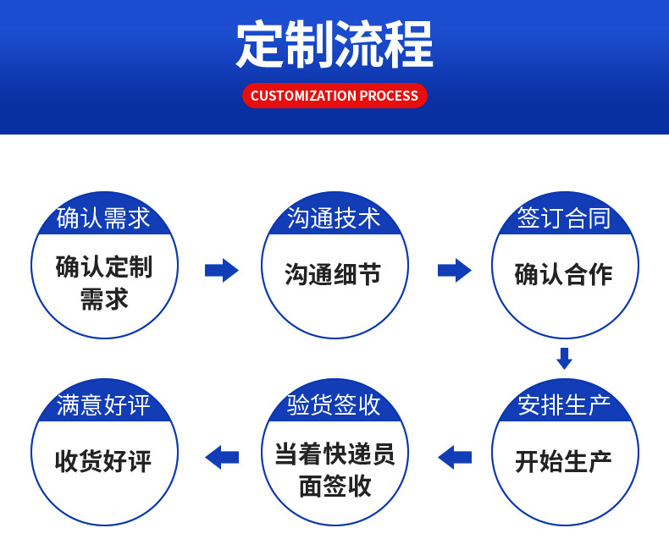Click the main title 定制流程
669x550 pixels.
pos(334,43)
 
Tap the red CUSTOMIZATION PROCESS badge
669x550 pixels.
pos(334,96)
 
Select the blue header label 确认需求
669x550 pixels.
pos(103,218)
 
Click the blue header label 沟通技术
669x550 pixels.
pos(334,218)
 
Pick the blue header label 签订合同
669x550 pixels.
pos(564,218)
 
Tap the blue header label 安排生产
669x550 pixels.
pos(564,405)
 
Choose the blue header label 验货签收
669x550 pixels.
pos(334,405)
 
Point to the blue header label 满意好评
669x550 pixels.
pos(103,405)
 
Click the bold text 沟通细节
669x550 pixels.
pos(334,274)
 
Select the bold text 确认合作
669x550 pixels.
pos(564,274)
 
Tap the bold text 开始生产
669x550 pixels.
pos(564,461)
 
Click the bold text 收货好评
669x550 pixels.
pos(103,461)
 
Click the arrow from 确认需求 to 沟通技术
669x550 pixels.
pos(221,270)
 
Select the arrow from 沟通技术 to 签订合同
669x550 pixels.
pos(454,270)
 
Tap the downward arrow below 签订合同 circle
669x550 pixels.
pos(564,358)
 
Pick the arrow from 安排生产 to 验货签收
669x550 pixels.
pos(455,457)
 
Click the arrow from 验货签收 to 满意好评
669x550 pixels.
pos(222,457)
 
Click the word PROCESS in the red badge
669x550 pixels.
pos(389,96)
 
